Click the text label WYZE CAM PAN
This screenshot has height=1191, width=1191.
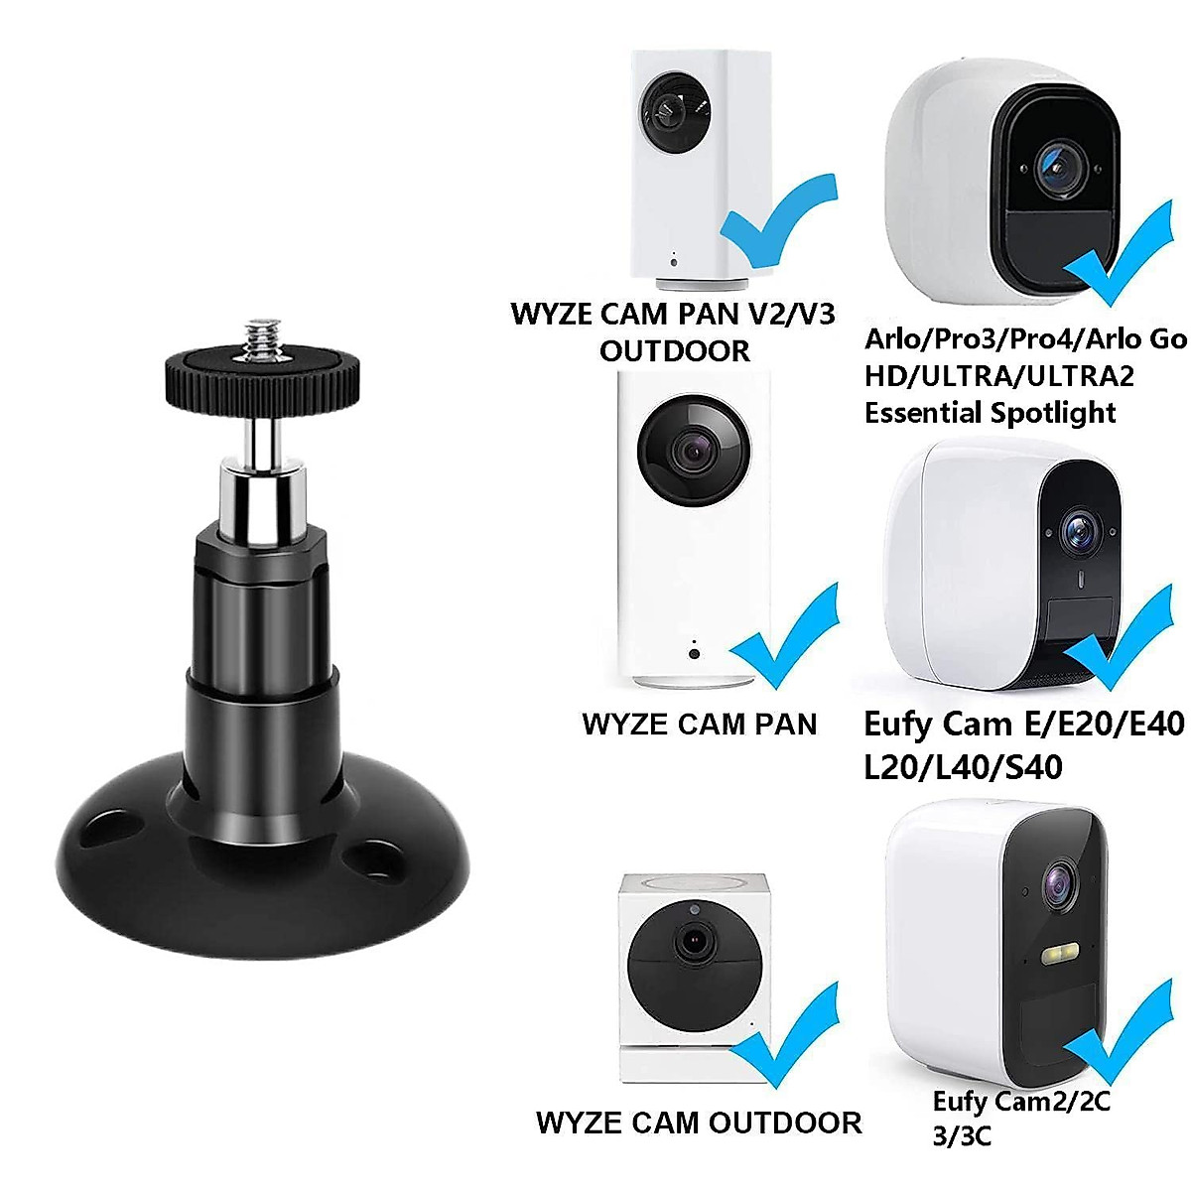700,724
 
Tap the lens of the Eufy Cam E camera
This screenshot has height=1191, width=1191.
1079,530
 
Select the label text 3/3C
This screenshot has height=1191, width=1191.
962,1136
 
